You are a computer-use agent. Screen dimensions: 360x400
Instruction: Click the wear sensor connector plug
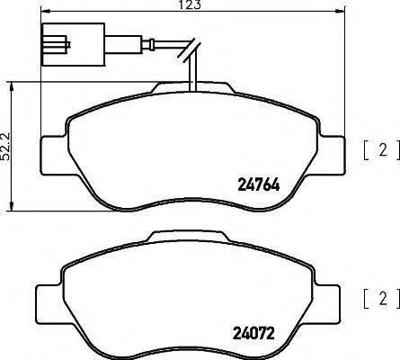click(56, 43)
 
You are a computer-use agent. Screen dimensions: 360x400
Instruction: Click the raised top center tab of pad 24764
click(194, 88)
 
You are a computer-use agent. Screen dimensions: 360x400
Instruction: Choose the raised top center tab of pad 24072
click(194, 236)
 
